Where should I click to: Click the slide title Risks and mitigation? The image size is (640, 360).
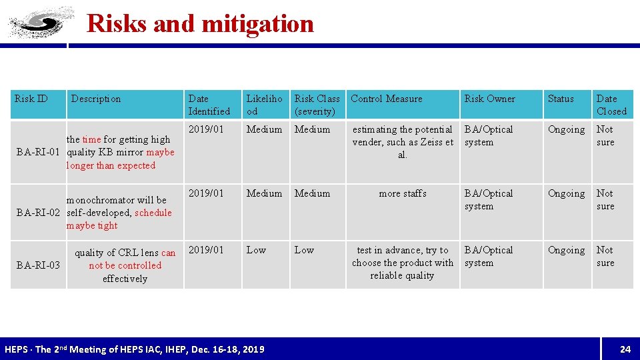200,24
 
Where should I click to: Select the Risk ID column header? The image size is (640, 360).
31,99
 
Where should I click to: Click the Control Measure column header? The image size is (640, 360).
386,99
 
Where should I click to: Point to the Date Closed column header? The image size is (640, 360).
611,105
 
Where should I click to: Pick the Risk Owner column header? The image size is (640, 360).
489,99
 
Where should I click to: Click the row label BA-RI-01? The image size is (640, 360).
40,153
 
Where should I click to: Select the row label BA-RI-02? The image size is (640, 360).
40,213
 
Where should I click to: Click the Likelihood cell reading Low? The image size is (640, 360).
256,250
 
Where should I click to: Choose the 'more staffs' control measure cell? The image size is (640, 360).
402,193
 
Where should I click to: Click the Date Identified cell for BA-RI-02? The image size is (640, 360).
207,193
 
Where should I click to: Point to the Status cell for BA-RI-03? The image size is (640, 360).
566,250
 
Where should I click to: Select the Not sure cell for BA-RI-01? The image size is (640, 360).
605,135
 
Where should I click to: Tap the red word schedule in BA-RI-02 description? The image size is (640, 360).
153,213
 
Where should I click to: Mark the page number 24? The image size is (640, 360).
625,349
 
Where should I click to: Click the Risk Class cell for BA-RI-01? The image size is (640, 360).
312,129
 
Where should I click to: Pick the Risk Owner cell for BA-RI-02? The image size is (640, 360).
489,199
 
